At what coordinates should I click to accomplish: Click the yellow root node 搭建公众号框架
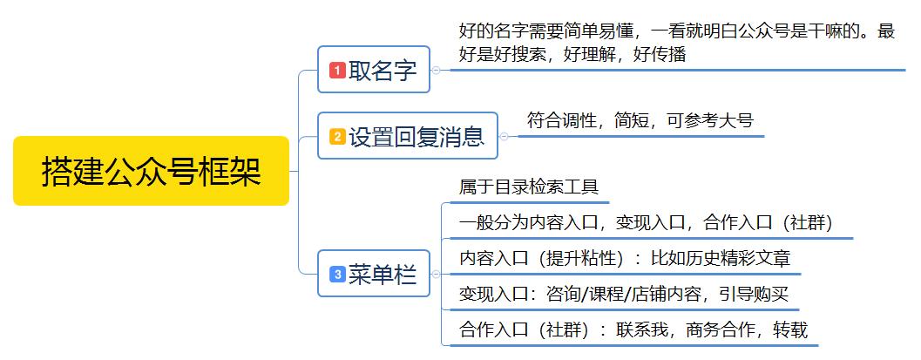151,171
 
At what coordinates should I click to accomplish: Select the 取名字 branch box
375,70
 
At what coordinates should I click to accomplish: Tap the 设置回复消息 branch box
408,136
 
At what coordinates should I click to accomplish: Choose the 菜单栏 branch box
375,275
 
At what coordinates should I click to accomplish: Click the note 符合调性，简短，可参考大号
640,120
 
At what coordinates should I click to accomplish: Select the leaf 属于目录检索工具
528,187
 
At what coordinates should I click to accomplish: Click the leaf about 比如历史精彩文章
625,259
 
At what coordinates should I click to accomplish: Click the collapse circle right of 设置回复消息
504,136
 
